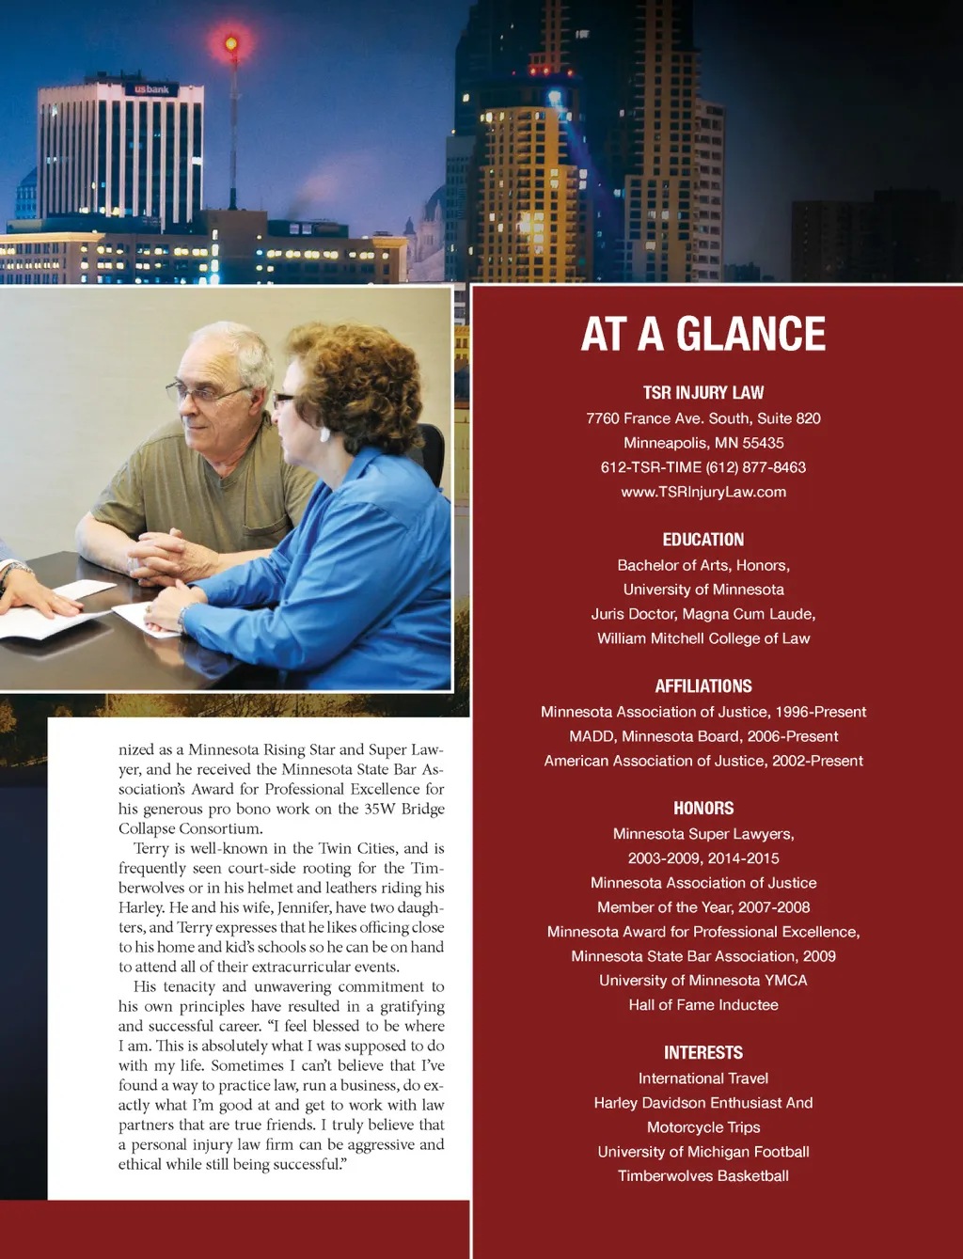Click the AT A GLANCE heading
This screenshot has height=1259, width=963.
[703, 335]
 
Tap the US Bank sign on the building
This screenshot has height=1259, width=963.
[151, 89]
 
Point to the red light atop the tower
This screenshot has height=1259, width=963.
[231, 43]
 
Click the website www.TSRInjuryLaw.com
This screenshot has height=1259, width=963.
[703, 492]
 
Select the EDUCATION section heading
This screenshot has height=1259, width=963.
[703, 540]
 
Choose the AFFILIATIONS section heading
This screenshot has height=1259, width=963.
[703, 686]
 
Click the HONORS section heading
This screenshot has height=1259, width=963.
[703, 809]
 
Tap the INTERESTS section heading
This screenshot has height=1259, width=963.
[703, 1053]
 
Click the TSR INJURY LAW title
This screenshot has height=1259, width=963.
[703, 393]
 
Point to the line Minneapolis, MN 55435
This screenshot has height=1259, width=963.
[703, 443]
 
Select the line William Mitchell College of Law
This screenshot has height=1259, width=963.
[703, 638]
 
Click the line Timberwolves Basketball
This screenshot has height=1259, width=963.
[703, 1176]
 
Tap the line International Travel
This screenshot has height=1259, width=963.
[703, 1078]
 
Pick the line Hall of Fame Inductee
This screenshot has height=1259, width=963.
[703, 1005]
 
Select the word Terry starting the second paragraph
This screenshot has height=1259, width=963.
[151, 849]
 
